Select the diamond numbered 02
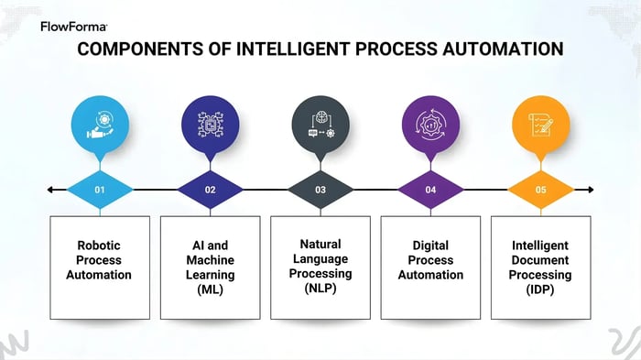coord(210,190)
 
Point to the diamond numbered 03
coord(320,190)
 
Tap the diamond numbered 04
coord(430,190)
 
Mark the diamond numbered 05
coord(541,190)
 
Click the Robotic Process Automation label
coord(99,260)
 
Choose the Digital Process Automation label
coord(430,260)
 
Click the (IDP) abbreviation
coord(541,289)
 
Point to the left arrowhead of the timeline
coord(49,190)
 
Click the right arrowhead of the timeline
coord(591,190)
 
